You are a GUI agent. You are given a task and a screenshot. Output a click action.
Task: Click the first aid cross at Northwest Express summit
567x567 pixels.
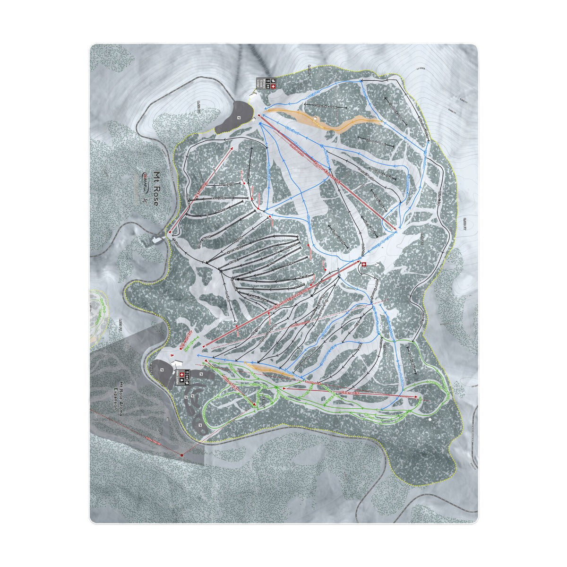tap(363, 265)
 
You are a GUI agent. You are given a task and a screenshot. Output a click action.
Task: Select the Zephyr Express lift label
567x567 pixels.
tap(326, 170)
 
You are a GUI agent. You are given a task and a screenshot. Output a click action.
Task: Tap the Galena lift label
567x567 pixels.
tap(351, 392)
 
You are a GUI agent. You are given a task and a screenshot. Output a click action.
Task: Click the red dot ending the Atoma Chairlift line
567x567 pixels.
tap(181, 455)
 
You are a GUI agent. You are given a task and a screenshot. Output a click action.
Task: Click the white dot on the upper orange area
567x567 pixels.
tap(315, 117)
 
